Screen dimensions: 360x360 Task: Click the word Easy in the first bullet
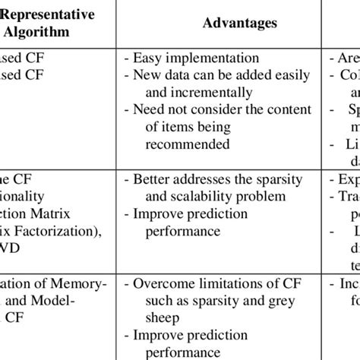pyautogui.click(x=147, y=57)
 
